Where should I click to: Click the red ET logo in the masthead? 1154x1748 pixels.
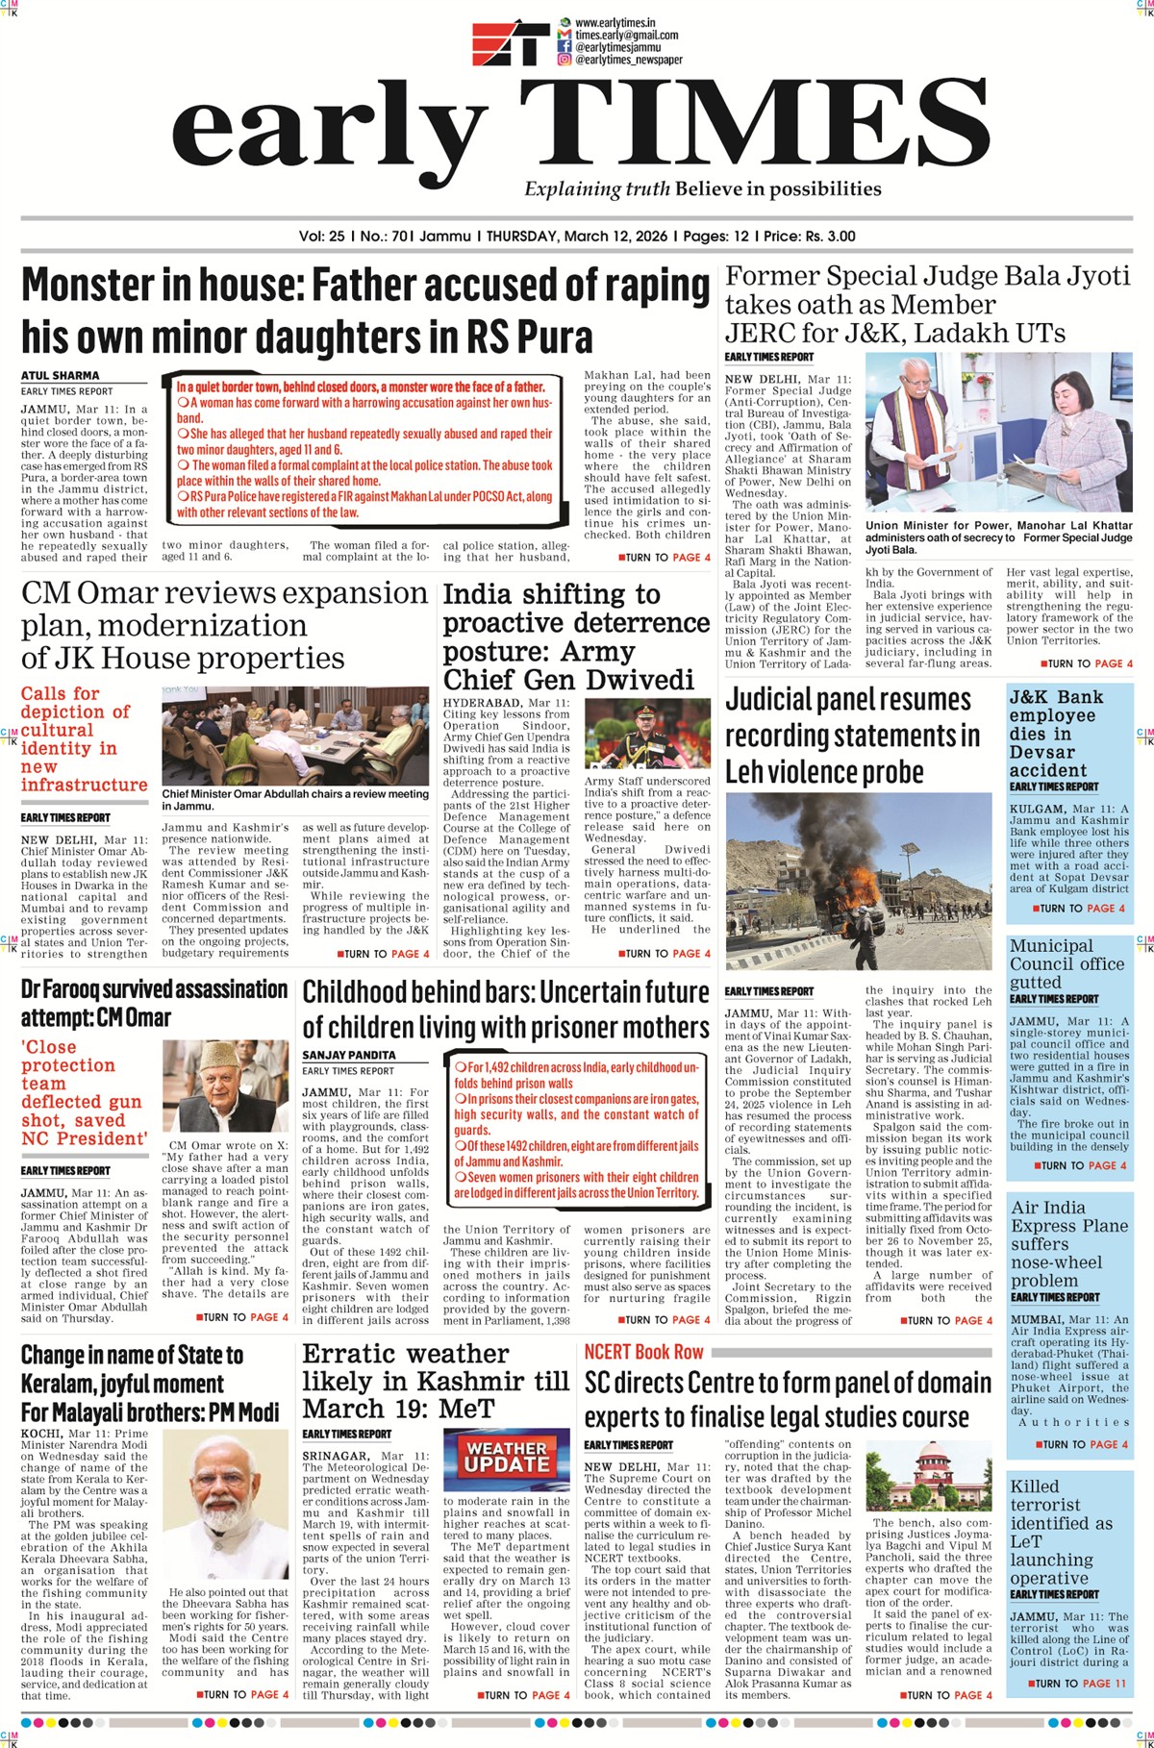[x=510, y=42]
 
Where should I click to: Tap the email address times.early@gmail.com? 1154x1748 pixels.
[x=626, y=35]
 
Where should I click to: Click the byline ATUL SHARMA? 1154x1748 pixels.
[x=61, y=375]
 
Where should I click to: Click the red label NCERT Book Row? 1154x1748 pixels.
[x=644, y=1352]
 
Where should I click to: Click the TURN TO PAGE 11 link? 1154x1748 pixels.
[x=1080, y=1710]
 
